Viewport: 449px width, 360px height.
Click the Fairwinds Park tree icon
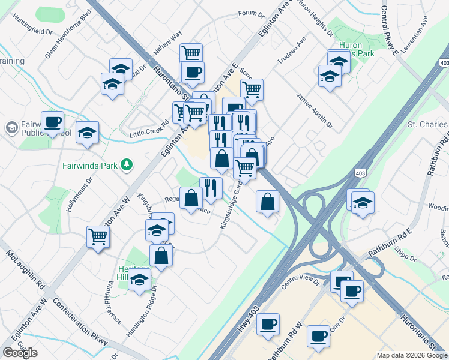(x=126, y=164)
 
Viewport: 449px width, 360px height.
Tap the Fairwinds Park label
(x=88, y=164)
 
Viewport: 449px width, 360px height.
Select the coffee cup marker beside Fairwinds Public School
(x=52, y=123)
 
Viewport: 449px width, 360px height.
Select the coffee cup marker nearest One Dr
(x=318, y=336)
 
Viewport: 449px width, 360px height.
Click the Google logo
(x=20, y=353)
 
